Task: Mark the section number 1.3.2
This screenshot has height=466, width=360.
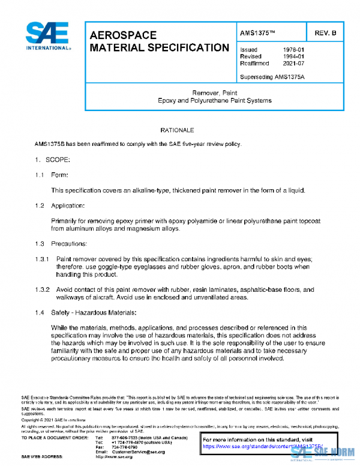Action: pyautogui.click(x=42, y=289)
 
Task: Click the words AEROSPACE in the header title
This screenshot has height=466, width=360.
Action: pyautogui.click(x=123, y=35)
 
